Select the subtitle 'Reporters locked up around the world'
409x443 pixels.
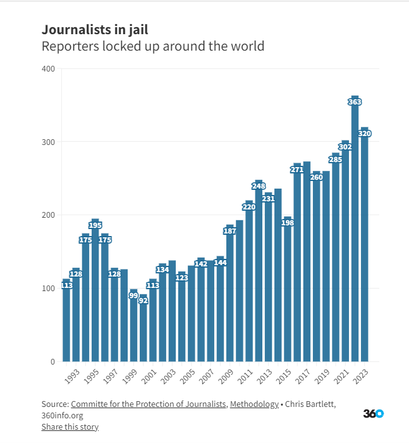click(x=152, y=46)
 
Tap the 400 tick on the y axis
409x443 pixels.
click(x=49, y=68)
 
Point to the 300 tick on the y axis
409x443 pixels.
click(x=49, y=142)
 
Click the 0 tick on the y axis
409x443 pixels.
click(x=53, y=361)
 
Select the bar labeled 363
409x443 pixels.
click(x=355, y=234)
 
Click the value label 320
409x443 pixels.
click(x=364, y=134)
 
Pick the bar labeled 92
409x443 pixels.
click(x=143, y=329)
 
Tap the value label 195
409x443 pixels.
click(x=95, y=225)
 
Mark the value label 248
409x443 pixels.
click(x=258, y=186)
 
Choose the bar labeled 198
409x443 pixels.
click(x=287, y=291)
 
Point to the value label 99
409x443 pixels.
click(x=133, y=296)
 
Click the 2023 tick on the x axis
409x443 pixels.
click(x=360, y=376)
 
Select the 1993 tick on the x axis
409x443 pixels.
click(x=72, y=376)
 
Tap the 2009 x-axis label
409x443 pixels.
click(x=226, y=376)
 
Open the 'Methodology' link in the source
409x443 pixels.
click(x=254, y=404)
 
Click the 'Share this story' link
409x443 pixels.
click(x=70, y=427)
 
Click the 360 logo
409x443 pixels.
click(x=373, y=414)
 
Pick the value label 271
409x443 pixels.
click(x=296, y=170)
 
